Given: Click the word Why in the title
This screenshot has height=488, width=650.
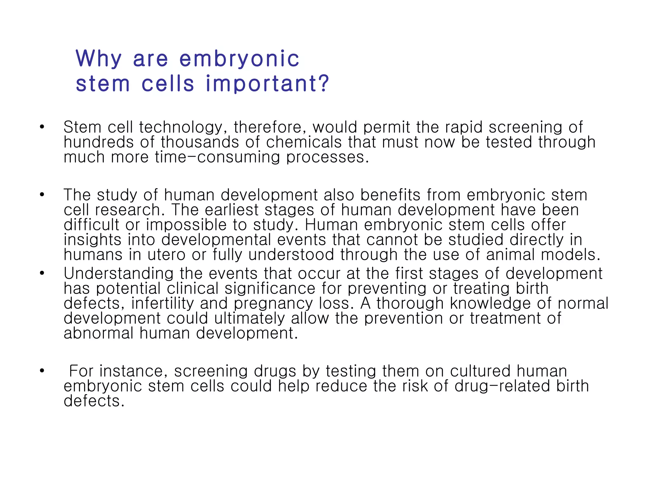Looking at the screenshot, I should [99, 59].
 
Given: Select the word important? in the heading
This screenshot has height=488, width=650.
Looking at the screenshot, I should [268, 84].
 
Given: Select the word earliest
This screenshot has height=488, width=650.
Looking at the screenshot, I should [231, 210].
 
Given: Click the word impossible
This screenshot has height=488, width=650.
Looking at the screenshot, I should [186, 225].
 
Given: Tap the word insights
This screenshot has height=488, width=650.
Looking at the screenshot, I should [92, 240].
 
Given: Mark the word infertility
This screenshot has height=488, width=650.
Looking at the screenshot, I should [162, 303].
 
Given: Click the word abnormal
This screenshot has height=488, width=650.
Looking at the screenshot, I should [98, 333].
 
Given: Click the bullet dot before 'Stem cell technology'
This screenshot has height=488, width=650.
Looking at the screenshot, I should [42, 127].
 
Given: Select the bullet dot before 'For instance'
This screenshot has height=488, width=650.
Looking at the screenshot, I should [42, 371].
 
